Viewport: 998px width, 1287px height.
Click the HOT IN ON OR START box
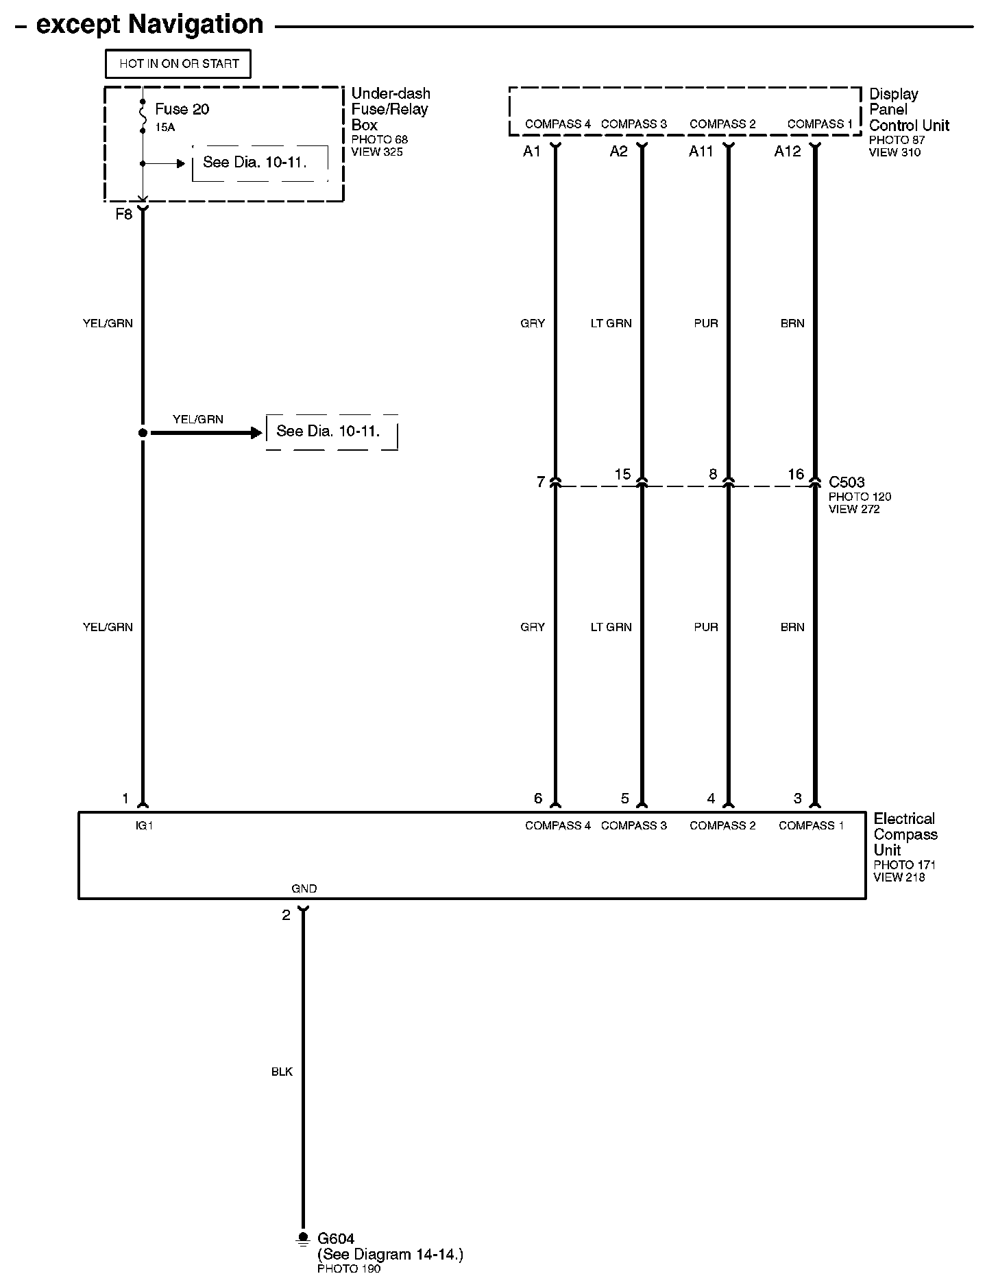coord(178,64)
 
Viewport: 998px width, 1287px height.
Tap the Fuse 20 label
coord(182,109)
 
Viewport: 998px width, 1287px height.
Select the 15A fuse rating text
coord(165,127)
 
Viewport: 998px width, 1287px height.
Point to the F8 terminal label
coord(123,214)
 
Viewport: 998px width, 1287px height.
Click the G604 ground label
coord(336,1238)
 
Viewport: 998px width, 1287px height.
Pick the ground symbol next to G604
coord(302,1239)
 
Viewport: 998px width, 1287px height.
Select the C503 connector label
coord(847,482)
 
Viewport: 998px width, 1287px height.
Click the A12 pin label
coord(788,152)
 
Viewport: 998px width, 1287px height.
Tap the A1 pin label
coord(532,152)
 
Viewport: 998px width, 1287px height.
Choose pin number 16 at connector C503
coord(796,474)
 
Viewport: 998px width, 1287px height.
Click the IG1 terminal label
coord(144,825)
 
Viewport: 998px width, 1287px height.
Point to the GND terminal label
coord(304,888)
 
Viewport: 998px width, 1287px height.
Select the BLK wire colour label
coord(282,1072)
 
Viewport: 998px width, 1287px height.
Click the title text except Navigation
coord(149,25)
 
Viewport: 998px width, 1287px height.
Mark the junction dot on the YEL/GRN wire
coord(143,433)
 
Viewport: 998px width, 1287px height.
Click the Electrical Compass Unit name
coord(905,834)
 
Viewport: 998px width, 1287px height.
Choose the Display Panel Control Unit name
coord(909,109)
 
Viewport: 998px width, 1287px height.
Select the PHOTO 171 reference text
coord(904,865)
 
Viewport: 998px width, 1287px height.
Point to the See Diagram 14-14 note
coord(390,1255)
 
